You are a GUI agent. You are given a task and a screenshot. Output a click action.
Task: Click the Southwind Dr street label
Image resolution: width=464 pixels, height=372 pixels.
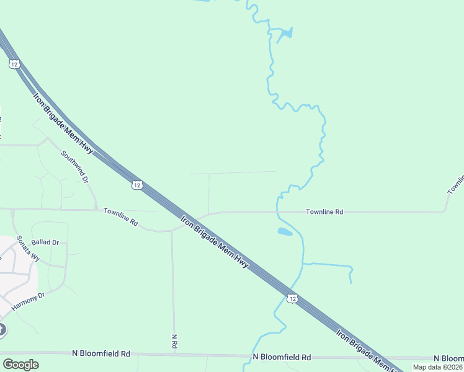[x=74, y=167]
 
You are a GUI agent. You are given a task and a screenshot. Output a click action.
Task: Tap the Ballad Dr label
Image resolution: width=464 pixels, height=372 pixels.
[x=45, y=242]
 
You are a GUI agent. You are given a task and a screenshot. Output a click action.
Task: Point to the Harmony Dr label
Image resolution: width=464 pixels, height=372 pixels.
[x=28, y=302]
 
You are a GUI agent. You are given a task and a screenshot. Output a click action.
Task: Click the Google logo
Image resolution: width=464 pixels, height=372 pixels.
[x=20, y=364]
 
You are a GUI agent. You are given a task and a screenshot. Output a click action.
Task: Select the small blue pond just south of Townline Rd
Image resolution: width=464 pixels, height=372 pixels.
[x=284, y=232]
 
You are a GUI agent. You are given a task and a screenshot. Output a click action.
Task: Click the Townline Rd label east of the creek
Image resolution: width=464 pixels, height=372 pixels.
[x=324, y=212]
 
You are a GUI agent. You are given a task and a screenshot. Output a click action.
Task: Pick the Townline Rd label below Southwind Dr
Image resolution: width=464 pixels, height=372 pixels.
[x=120, y=216]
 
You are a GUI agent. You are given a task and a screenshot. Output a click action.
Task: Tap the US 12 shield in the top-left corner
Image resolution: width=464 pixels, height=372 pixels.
[x=14, y=64]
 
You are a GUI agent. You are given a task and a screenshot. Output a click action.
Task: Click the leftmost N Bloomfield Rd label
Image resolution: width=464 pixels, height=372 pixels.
[x=101, y=353]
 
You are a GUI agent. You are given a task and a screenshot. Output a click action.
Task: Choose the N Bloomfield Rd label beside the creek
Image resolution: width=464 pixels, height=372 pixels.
[x=282, y=357]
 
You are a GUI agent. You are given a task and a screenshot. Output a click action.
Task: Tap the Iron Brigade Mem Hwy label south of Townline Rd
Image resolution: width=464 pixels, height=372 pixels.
[x=214, y=241]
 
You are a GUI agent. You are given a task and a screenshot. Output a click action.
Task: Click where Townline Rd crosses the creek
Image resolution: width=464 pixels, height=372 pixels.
[x=277, y=212]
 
